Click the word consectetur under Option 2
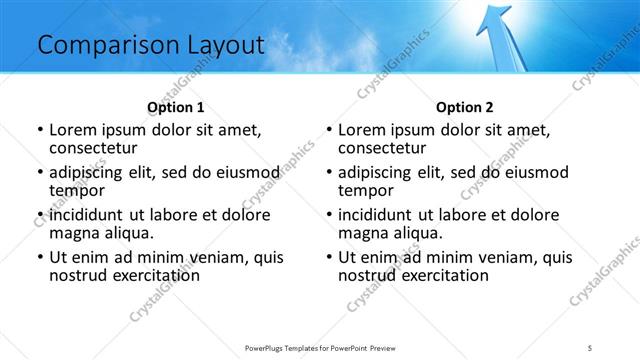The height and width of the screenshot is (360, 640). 384,148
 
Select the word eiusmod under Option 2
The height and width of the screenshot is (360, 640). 537,173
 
